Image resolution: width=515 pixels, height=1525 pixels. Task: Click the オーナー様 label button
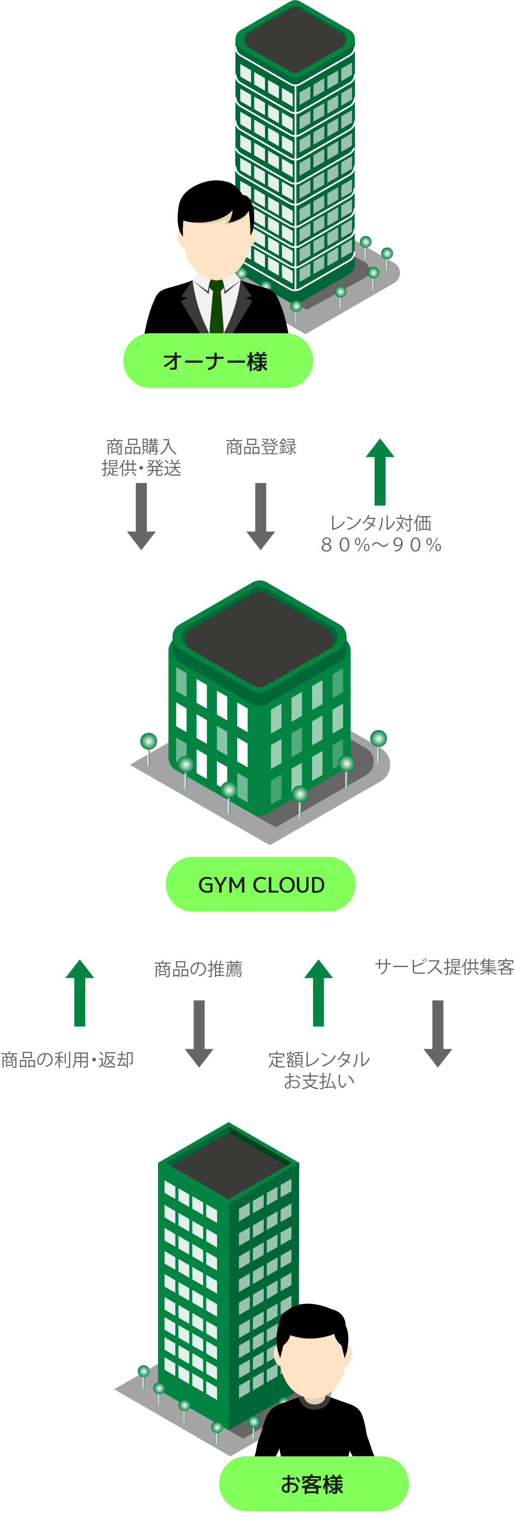click(x=217, y=361)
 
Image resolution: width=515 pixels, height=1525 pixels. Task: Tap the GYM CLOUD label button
click(x=260, y=884)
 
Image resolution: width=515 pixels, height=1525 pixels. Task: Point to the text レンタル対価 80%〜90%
click(x=381, y=534)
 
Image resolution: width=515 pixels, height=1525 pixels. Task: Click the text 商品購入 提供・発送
click(x=141, y=457)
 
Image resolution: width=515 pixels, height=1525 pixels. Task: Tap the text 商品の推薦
click(x=198, y=969)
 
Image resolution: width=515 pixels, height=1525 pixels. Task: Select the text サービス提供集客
click(x=444, y=967)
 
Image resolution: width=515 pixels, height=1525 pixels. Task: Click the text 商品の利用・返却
click(x=67, y=1060)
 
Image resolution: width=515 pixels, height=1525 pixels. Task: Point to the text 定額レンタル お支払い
click(x=319, y=1070)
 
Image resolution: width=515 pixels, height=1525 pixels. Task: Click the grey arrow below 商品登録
click(x=260, y=516)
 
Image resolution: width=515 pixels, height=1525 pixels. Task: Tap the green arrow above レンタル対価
click(x=380, y=471)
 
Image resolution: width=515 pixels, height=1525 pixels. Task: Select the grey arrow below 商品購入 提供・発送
click(x=141, y=516)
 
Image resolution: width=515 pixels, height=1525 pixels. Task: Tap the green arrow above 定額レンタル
click(x=319, y=993)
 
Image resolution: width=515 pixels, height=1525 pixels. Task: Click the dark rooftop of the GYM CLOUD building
click(x=259, y=639)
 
